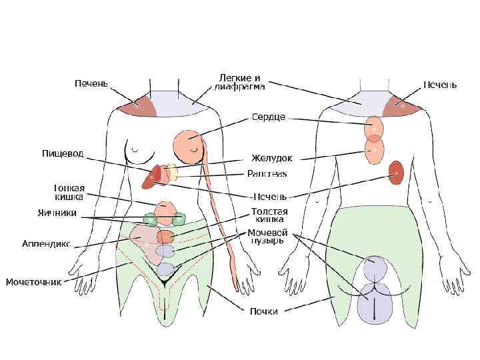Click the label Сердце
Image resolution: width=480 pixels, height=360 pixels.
269,117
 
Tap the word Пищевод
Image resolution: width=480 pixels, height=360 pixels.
63,154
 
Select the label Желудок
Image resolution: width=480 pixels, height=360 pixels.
271,158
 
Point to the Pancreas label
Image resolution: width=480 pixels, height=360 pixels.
267,174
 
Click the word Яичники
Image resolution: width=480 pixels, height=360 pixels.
57,213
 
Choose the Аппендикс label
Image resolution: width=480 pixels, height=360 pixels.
46,243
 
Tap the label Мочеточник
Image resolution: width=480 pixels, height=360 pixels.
33,282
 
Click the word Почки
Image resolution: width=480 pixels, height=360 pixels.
263,311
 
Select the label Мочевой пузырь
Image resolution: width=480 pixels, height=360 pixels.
267,237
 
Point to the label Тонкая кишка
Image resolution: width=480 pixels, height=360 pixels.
68,192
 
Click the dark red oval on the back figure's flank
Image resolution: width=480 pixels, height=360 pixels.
397,173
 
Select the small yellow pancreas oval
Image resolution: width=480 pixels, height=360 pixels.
173,173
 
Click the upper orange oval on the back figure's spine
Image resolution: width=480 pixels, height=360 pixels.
374,126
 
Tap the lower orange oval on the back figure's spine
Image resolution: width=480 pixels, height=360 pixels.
374,149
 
